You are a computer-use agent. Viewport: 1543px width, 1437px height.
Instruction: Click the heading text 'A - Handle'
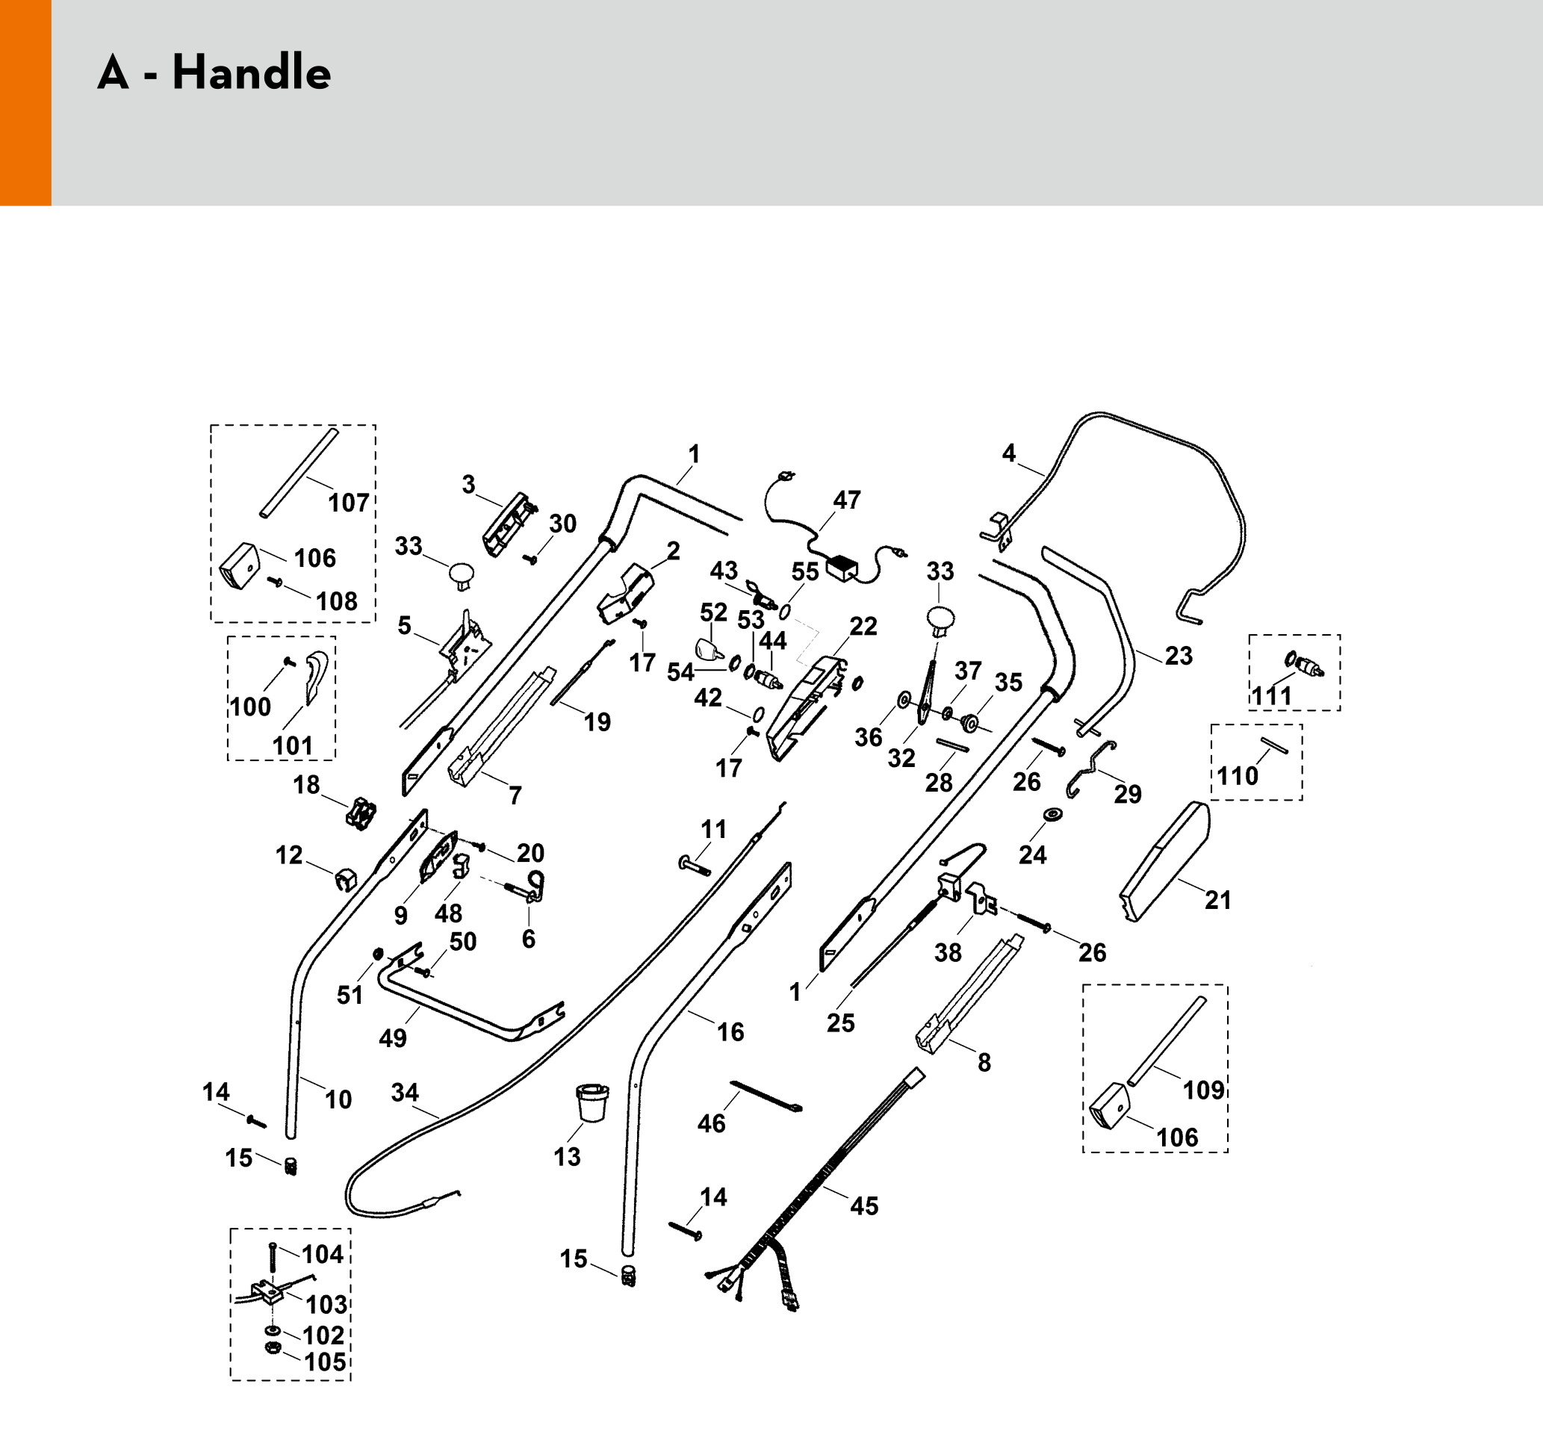click(x=214, y=74)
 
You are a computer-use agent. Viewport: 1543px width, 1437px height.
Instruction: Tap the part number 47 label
click(x=846, y=500)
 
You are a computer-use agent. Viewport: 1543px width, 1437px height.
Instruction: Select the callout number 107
click(x=349, y=503)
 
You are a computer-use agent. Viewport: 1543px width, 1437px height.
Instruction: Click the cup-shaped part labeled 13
click(x=592, y=1102)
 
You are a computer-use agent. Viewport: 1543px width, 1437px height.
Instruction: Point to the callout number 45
click(x=864, y=1205)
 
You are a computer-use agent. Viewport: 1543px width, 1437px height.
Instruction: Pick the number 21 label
click(x=1218, y=900)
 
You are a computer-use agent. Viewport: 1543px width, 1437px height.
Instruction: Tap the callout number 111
click(x=1271, y=695)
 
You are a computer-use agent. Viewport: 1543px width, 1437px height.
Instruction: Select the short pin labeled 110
click(x=1273, y=745)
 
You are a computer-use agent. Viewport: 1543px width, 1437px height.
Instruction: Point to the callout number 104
click(x=322, y=1254)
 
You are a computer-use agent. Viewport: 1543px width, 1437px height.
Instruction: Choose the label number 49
click(x=393, y=1038)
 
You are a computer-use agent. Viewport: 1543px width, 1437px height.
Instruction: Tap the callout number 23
click(x=1179, y=655)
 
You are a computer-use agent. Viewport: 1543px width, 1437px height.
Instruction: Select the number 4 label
click(x=1008, y=453)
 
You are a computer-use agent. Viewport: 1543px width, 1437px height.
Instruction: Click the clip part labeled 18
click(x=361, y=813)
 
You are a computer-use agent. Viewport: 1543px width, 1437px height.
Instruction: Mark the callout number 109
click(x=1203, y=1090)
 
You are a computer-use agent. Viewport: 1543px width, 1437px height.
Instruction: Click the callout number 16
click(x=730, y=1031)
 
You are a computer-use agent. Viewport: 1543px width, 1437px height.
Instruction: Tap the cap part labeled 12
click(x=344, y=880)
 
